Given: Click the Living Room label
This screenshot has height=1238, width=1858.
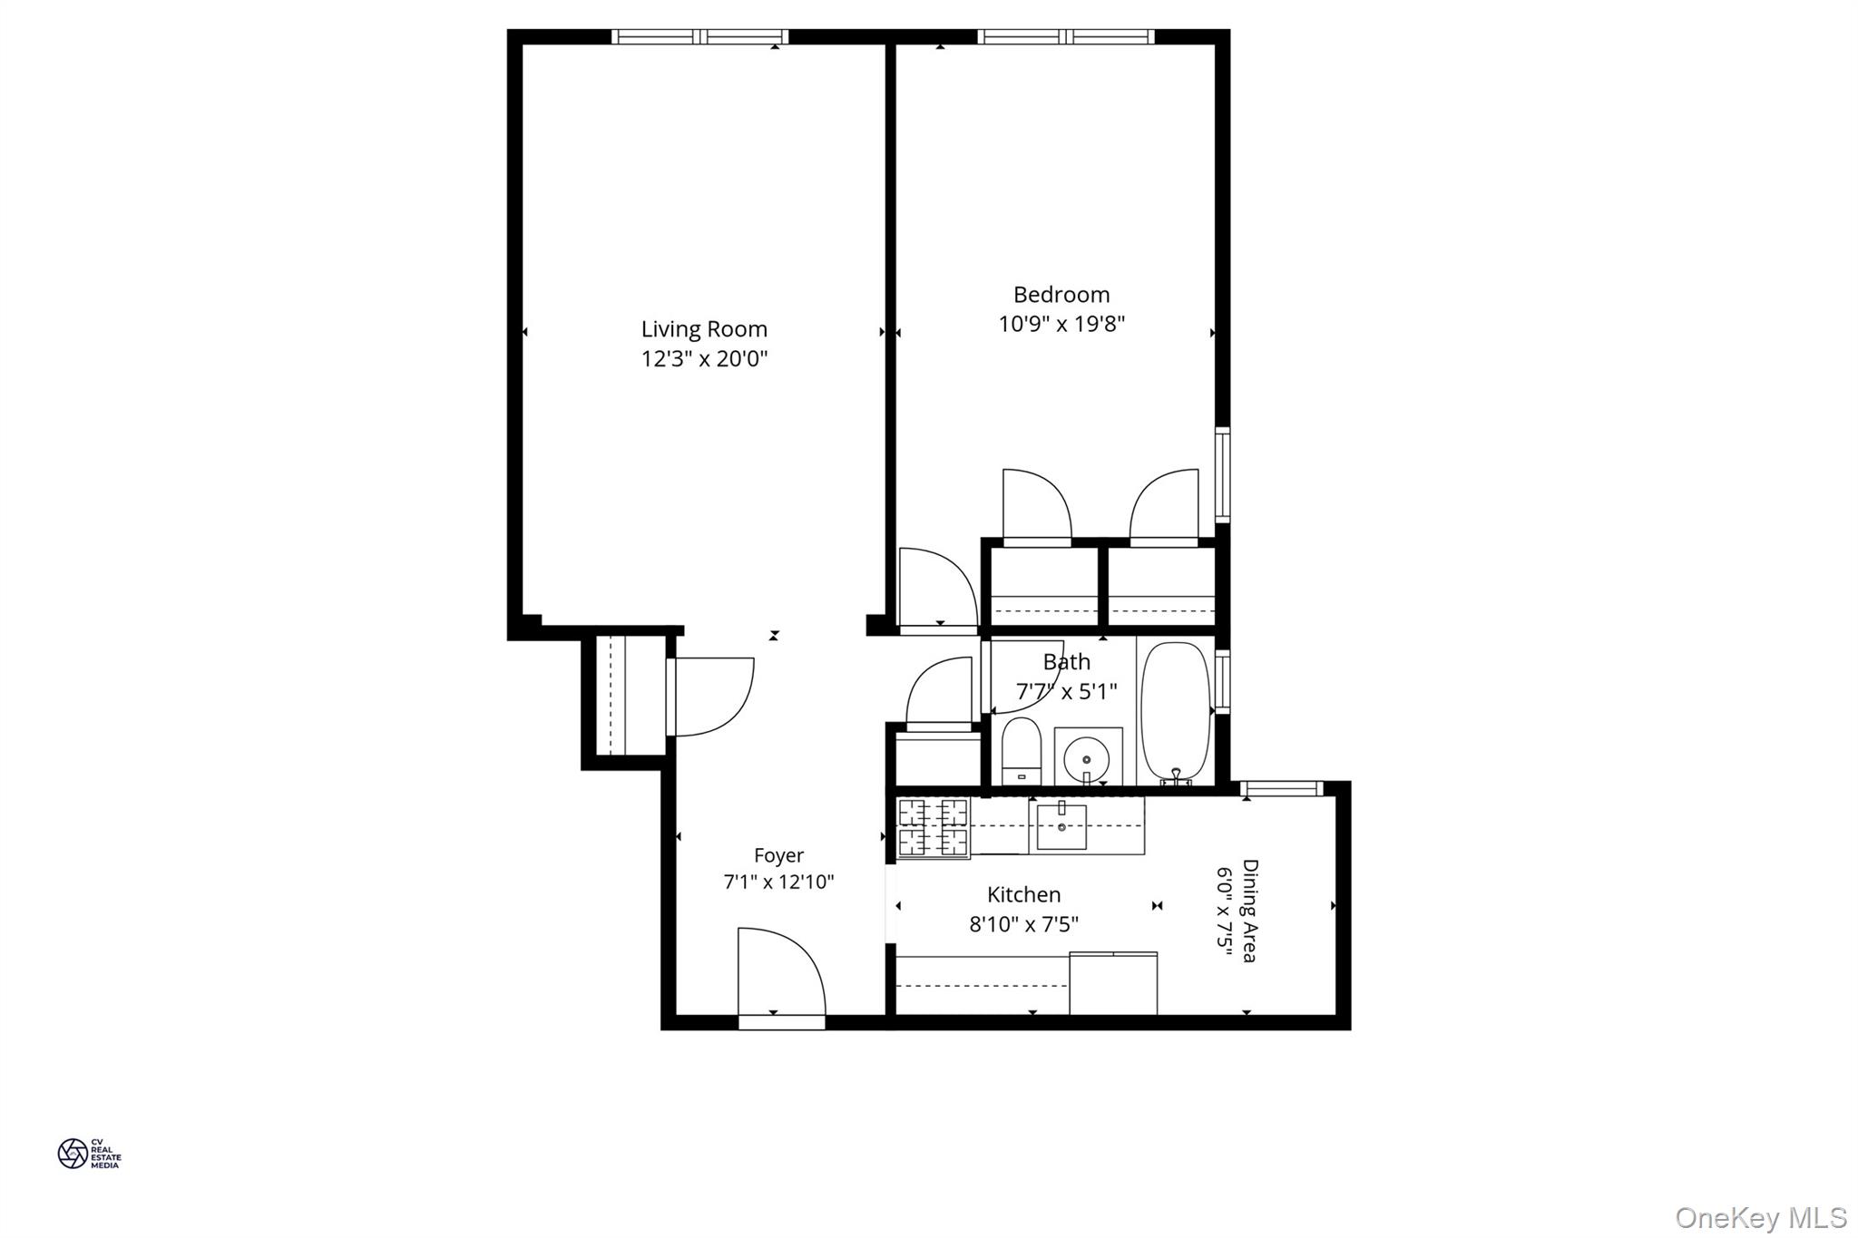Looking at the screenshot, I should pyautogui.click(x=704, y=329).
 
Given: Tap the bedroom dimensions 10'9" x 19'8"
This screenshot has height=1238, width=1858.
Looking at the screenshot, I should pyautogui.click(x=1061, y=324).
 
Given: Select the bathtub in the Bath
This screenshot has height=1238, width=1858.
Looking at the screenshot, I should pyautogui.click(x=1175, y=711).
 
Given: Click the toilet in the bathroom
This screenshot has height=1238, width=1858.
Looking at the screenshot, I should pyautogui.click(x=1022, y=752).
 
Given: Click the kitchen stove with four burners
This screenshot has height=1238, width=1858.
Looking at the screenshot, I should pyautogui.click(x=933, y=827).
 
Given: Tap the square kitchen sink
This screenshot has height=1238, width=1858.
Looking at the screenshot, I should pyautogui.click(x=1061, y=826).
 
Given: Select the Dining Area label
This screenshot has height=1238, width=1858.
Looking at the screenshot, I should pyautogui.click(x=1249, y=911).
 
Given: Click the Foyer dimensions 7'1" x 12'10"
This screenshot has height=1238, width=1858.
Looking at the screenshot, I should pyautogui.click(x=778, y=882).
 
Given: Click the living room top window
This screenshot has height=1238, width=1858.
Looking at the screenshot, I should pyautogui.click(x=699, y=37).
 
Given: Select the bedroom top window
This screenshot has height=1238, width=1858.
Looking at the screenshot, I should pyautogui.click(x=1066, y=37).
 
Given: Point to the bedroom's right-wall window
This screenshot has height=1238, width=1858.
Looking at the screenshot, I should pyautogui.click(x=1222, y=474).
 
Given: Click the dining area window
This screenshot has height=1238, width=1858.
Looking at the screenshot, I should pyautogui.click(x=1282, y=789).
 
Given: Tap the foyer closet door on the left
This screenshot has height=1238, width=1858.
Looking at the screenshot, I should pyautogui.click(x=712, y=697).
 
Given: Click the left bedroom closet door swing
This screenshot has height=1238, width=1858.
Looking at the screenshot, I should pyautogui.click(x=1035, y=506).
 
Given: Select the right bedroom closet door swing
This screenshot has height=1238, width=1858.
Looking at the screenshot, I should pyautogui.click(x=1165, y=506).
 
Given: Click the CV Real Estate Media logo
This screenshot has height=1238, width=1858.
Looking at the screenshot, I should pyautogui.click(x=89, y=1153).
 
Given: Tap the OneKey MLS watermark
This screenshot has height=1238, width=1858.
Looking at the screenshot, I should pyautogui.click(x=1760, y=1217).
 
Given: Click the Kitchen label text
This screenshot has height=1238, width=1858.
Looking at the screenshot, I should pyautogui.click(x=1023, y=895).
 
